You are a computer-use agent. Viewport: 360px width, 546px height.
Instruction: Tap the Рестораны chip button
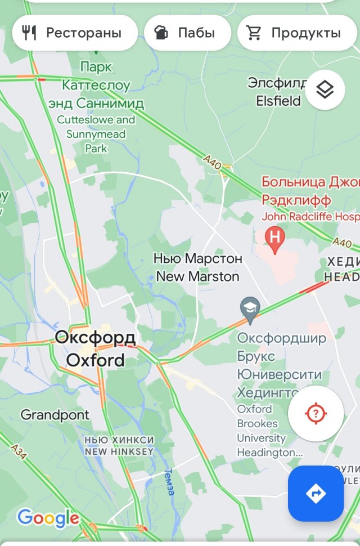tap(74, 33)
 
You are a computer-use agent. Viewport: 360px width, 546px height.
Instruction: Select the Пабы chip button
tap(187, 33)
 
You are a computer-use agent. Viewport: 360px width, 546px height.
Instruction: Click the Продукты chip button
tap(297, 33)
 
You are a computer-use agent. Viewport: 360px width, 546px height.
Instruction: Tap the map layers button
tap(325, 89)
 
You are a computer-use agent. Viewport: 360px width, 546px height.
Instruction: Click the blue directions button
tap(316, 494)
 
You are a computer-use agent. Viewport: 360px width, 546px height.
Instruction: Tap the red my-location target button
tap(316, 414)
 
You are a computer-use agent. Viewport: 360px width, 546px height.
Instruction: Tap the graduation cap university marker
tap(250, 308)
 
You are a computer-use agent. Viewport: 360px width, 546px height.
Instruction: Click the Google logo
tap(48, 518)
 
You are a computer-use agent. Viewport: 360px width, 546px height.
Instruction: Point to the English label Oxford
tap(96, 360)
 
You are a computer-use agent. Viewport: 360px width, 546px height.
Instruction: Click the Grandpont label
tap(55, 415)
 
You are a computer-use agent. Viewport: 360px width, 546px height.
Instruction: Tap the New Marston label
tap(197, 276)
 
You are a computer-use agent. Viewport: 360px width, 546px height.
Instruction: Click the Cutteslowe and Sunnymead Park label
tap(96, 134)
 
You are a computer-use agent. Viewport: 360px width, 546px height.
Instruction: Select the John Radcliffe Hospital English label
tap(310, 217)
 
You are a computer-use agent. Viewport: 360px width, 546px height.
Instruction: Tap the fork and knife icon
tap(29, 33)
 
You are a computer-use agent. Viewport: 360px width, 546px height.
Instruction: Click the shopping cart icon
tap(254, 33)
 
